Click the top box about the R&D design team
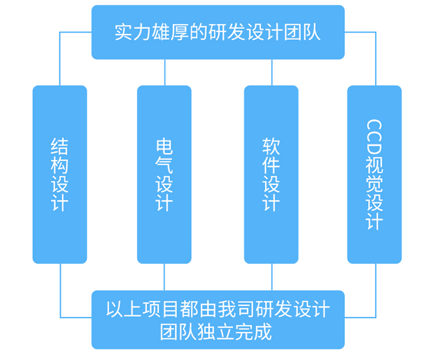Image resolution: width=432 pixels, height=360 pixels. click(x=218, y=32)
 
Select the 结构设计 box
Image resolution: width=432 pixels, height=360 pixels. click(x=60, y=175)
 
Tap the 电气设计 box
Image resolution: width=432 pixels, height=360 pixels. click(x=164, y=175)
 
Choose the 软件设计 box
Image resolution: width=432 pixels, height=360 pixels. click(x=271, y=175)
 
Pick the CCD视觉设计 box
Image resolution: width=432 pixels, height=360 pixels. click(x=374, y=175)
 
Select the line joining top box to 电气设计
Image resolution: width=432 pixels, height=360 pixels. click(x=165, y=72)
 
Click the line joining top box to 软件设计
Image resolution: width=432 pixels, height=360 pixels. click(x=271, y=72)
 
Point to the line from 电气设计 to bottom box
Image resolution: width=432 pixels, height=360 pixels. click(x=165, y=277)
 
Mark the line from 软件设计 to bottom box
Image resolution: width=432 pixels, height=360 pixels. click(x=272, y=277)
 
